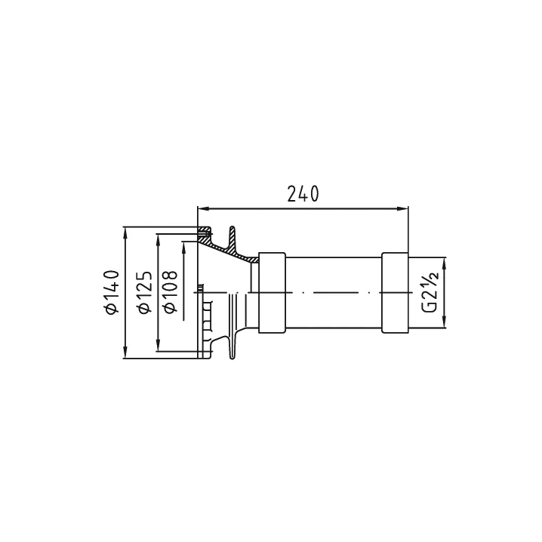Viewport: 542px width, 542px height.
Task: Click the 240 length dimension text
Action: (303, 194)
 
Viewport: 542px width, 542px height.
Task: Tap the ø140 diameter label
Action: (112, 292)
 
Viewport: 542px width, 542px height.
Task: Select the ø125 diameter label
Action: (145, 292)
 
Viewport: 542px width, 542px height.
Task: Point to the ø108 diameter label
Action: (171, 292)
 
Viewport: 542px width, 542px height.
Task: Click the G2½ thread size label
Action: (431, 292)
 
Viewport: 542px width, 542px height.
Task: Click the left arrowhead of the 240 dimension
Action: (203, 208)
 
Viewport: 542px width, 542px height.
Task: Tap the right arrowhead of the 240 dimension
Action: (402, 208)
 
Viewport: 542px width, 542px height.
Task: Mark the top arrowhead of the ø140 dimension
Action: (125, 233)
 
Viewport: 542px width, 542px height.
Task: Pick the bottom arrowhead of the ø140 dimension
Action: (125, 353)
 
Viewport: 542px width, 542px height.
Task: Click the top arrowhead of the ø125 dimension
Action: (159, 239)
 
